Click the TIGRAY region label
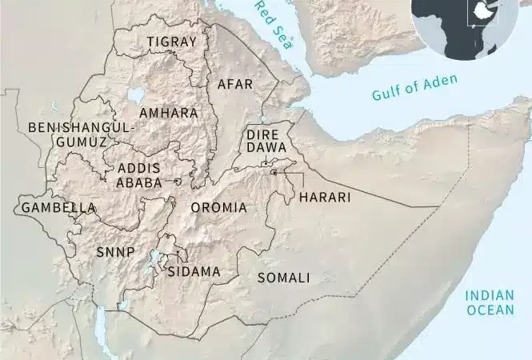[x=172, y=42]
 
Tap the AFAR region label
[x=235, y=83]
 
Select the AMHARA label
[x=169, y=114]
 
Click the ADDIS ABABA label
[x=139, y=175]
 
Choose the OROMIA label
[x=218, y=208]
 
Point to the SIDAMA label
[x=194, y=271]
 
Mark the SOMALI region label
[x=284, y=278]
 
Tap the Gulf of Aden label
[x=414, y=88]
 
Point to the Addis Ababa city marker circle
[x=178, y=182]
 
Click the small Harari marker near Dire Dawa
[x=274, y=172]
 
